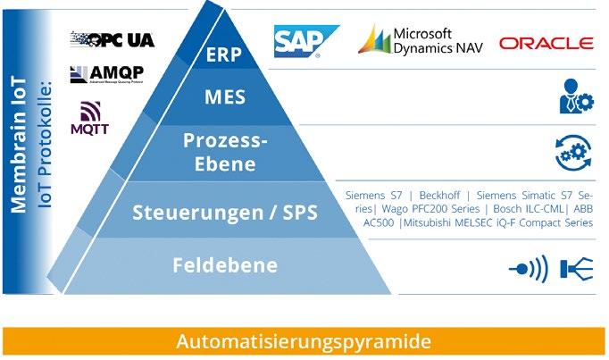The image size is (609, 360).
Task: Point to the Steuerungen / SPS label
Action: tap(225, 212)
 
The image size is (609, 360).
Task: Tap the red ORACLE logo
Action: tap(546, 43)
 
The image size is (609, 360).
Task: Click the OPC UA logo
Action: tap(112, 39)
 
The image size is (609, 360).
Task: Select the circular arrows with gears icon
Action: tap(572, 152)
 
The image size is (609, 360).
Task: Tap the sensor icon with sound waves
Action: tap(527, 267)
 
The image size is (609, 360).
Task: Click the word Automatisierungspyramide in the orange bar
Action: tap(304, 341)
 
